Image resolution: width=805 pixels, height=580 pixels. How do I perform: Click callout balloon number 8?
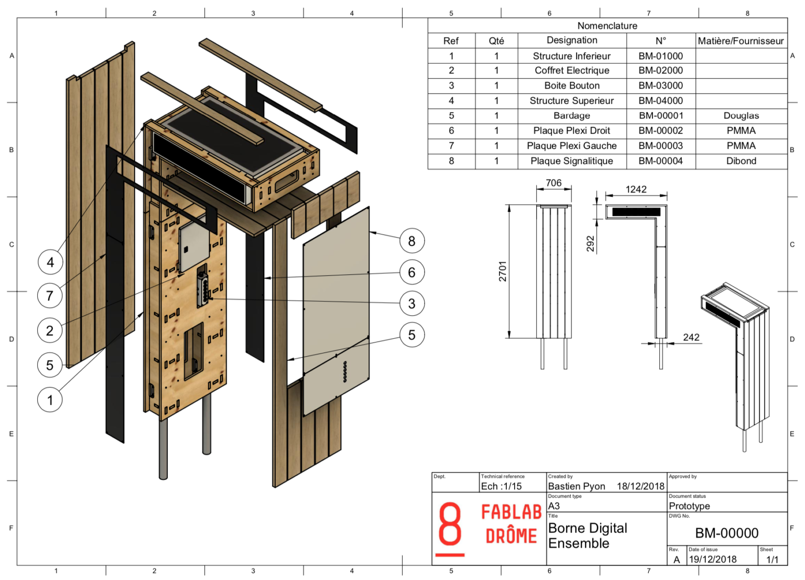click(x=411, y=241)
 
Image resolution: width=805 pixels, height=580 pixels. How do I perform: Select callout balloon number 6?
click(x=411, y=272)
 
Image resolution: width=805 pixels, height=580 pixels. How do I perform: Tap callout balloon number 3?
click(x=411, y=304)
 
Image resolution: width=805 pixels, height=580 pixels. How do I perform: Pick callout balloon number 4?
click(x=50, y=262)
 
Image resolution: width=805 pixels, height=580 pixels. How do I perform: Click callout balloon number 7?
click(x=50, y=296)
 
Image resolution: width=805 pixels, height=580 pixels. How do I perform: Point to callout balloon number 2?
click(x=50, y=330)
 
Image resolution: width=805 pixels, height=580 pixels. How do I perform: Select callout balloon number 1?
click(x=50, y=400)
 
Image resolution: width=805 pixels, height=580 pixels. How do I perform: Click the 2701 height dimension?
click(x=502, y=271)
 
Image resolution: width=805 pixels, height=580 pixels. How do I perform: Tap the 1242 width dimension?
click(x=636, y=189)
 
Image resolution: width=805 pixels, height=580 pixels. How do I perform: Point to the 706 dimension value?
click(x=553, y=183)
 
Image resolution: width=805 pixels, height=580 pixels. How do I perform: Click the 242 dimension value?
click(x=691, y=337)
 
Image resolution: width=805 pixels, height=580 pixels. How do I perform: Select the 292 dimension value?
click(x=590, y=243)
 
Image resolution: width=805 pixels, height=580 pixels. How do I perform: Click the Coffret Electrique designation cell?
click(x=572, y=70)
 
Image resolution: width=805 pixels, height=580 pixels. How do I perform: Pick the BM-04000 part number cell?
click(x=660, y=101)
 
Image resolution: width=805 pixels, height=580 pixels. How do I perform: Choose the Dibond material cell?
click(x=741, y=161)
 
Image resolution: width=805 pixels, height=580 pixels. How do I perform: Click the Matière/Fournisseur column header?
click(x=741, y=41)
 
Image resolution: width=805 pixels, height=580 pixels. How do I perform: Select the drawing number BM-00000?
click(x=726, y=533)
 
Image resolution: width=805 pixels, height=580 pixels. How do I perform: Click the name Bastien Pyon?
click(x=576, y=486)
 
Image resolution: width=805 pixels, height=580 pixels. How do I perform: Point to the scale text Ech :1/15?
click(x=501, y=486)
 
